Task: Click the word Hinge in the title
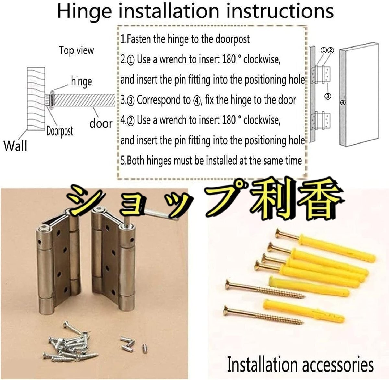coord(84,12)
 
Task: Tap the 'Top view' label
coord(77,50)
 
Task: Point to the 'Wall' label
coord(15,146)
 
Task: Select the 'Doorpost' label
coord(60,131)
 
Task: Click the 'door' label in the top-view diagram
coord(101,124)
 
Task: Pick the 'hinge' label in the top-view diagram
coord(82,82)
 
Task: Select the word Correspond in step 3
coord(164,100)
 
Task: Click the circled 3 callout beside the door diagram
coord(328,96)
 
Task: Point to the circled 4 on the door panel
coord(343,103)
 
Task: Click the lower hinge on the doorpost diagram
coord(321,121)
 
